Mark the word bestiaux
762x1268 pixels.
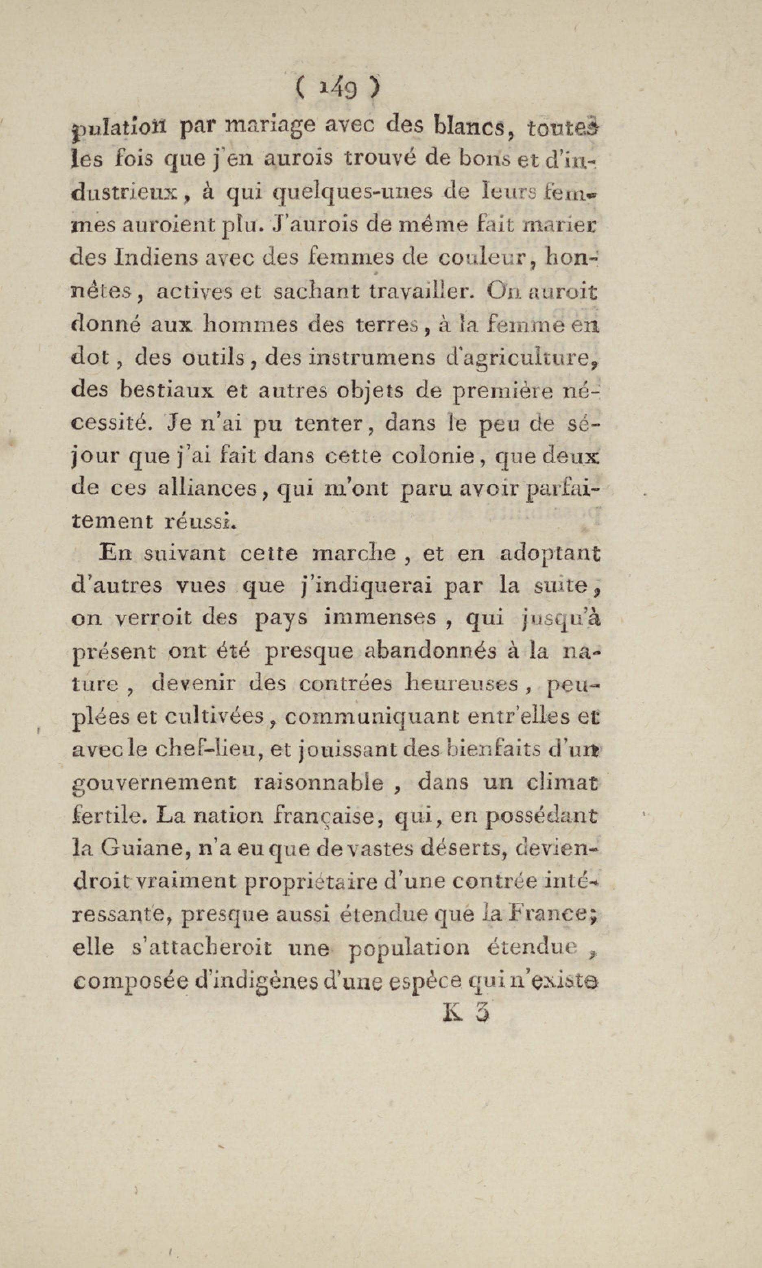[166, 390]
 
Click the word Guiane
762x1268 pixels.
[138, 849]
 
